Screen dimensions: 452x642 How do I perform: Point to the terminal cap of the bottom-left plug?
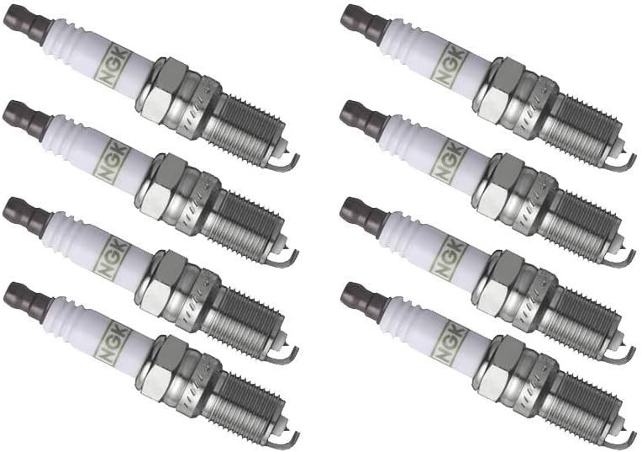click(x=23, y=300)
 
